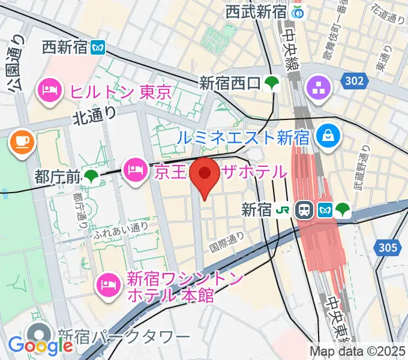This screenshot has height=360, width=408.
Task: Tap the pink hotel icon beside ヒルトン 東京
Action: [x=48, y=91]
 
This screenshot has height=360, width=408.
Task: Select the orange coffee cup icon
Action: [x=22, y=142]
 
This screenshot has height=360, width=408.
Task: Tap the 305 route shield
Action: [x=388, y=246]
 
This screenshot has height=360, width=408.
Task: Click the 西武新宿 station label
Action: [x=257, y=11]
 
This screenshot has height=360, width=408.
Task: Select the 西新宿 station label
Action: [x=65, y=47]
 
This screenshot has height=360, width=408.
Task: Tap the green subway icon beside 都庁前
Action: [x=92, y=176]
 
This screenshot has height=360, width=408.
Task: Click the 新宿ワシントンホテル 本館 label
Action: [x=185, y=287]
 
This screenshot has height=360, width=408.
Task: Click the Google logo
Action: [x=40, y=345]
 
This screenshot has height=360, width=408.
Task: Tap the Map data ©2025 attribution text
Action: [x=358, y=351]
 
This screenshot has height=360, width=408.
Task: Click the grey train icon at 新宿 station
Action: [x=305, y=210]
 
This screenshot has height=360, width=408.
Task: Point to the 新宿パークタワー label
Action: [x=124, y=337]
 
